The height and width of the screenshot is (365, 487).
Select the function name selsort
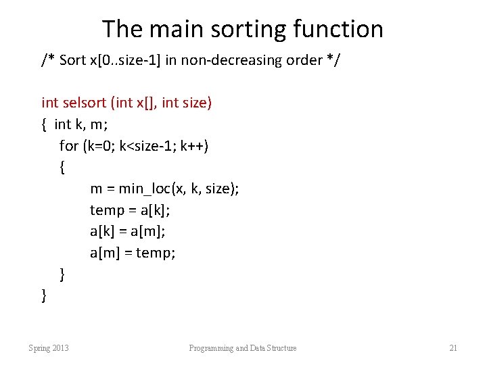[x=83, y=103]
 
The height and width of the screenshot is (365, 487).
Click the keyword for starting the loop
[x=68, y=146]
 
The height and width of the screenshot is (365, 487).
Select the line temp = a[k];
[x=130, y=210]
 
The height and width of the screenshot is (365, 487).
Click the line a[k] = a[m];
[x=128, y=232]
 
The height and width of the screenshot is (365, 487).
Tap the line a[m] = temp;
[x=133, y=253]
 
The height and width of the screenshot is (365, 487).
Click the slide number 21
[x=453, y=348]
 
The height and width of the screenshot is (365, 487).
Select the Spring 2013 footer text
[x=48, y=348]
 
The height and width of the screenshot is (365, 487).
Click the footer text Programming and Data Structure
[x=243, y=348]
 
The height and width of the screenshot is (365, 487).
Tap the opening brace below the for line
[x=63, y=167]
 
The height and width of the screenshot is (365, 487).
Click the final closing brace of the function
[x=44, y=295]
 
